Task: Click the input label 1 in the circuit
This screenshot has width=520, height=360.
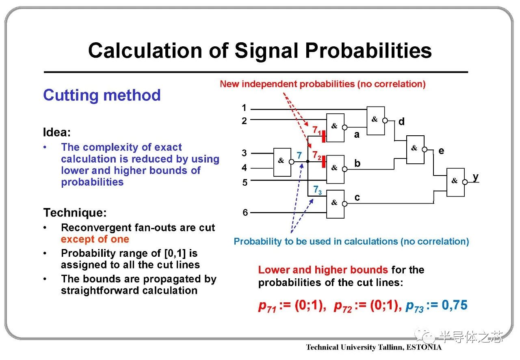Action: [x=244, y=108]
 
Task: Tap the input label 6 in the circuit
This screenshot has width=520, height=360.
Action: [x=245, y=212]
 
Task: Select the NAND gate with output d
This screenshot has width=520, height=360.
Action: [x=376, y=121]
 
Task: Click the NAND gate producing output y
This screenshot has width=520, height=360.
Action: [x=455, y=182]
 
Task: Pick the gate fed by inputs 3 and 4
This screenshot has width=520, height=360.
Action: [x=282, y=162]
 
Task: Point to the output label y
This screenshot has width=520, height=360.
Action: [x=476, y=177]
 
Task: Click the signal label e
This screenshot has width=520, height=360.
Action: [x=441, y=151]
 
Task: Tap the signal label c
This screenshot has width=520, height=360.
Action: [x=357, y=197]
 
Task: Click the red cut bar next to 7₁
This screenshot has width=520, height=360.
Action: [x=324, y=137]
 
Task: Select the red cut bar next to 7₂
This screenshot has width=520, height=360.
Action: [x=324, y=162]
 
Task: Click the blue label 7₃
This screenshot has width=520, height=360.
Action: [x=317, y=190]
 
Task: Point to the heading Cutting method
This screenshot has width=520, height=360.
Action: [x=102, y=95]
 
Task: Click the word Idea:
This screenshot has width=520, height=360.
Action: [x=57, y=132]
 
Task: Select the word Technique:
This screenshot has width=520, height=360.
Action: [x=75, y=213]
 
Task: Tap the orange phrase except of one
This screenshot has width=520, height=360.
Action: [x=95, y=239]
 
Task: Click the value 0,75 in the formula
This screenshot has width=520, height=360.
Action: [x=454, y=305]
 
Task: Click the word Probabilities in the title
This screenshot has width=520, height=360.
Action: [x=368, y=51]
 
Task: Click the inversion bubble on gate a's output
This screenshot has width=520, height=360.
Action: [x=345, y=128]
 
